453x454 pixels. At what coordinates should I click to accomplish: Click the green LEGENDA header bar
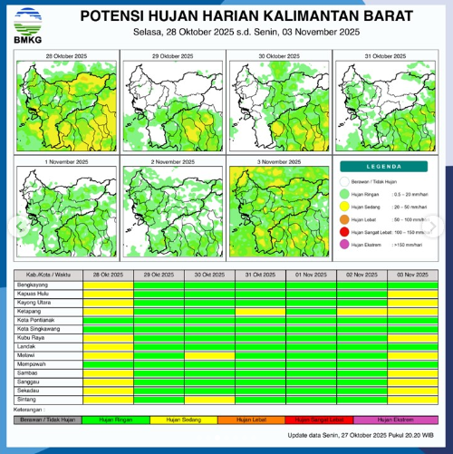coord(383,167)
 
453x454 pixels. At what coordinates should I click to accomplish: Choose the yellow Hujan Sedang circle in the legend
coord(344,207)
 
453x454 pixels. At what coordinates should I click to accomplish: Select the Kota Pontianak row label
coord(36,320)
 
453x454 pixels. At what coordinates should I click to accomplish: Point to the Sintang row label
coord(27,399)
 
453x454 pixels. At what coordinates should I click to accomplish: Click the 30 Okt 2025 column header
coord(209,274)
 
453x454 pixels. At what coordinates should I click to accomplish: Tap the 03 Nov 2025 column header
coord(412,274)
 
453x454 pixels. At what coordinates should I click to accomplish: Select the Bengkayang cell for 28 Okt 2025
coord(108,284)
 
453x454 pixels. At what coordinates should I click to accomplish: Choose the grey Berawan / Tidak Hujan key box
coord(43,420)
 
